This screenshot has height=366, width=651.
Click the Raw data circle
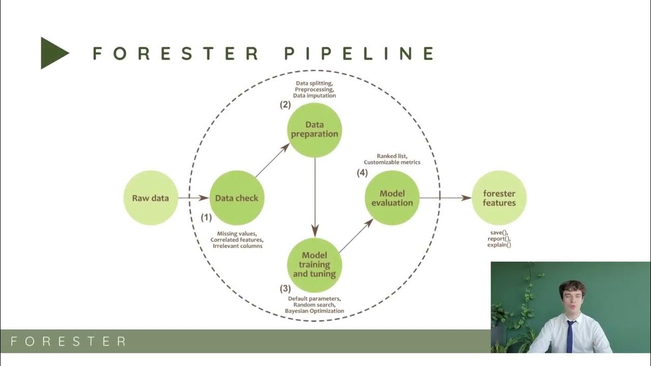coord(151,198)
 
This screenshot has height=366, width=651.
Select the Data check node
coord(236,198)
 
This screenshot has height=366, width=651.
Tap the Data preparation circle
coord(314,130)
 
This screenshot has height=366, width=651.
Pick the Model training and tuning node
coord(314,264)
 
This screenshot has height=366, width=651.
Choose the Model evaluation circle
coord(392,198)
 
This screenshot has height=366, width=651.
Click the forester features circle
coord(499,198)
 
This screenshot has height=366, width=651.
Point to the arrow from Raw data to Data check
coord(193,198)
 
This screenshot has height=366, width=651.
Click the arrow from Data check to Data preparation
coord(272,161)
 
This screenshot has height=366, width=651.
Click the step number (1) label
coord(206,218)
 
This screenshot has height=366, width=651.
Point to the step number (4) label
coord(362,173)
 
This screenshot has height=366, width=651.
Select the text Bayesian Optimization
coord(314,311)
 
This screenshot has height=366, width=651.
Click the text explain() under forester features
coord(499,245)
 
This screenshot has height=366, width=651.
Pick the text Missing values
coord(236,234)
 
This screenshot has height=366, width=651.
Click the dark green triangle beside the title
coord(53,53)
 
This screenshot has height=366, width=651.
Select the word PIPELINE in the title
coord(359,53)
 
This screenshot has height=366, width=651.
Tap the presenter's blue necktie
coord(570,336)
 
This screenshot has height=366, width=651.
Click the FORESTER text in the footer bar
coord(68,341)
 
